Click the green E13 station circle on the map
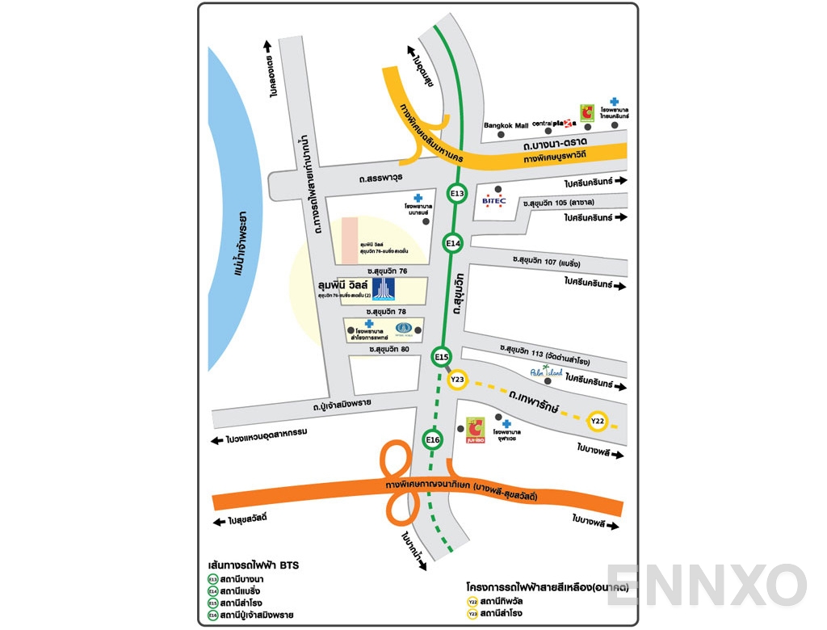pos(457,194)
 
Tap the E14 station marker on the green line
pos(452,243)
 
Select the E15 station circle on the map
pos(441,356)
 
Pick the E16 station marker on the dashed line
pos(433,439)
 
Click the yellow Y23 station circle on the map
pos(457,379)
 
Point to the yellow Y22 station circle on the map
pos(598,421)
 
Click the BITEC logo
pos(494,201)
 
